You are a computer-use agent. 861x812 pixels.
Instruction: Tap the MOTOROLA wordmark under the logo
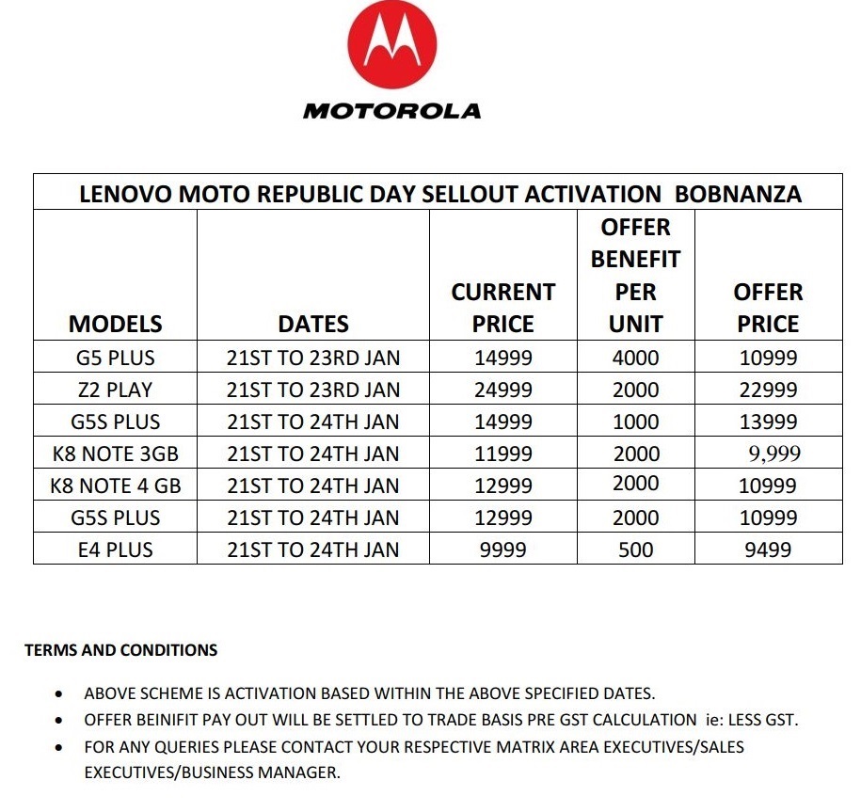392,111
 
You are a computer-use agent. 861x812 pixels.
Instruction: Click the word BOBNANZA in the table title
739,195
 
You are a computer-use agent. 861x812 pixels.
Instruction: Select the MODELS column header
115,324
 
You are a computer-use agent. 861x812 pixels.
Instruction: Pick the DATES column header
312,324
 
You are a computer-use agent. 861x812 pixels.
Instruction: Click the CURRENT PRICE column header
502,308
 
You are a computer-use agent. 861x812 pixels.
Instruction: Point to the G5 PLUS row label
116,358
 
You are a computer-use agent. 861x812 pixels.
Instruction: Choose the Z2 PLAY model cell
116,390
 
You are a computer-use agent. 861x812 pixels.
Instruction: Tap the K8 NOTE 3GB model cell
116,454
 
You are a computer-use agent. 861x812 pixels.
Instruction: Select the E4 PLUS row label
116,549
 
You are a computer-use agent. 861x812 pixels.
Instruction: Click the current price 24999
502,390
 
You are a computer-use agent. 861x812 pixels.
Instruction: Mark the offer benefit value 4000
636,358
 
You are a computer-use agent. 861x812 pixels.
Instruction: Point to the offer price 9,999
774,454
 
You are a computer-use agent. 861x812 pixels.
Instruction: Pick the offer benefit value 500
636,549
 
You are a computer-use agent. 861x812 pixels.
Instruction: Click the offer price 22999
769,390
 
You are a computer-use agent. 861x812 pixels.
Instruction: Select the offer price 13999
769,422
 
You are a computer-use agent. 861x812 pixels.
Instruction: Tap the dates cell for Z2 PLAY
312,390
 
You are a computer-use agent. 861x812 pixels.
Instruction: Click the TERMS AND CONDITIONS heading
120,650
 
